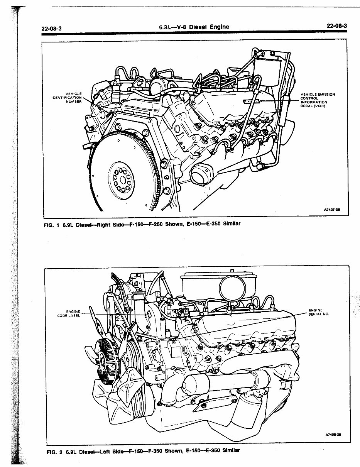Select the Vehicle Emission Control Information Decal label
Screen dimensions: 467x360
(x=318, y=100)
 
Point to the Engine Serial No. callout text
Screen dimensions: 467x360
(x=318, y=312)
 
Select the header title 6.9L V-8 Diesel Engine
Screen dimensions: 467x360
(x=194, y=27)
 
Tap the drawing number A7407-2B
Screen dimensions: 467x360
(x=331, y=210)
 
